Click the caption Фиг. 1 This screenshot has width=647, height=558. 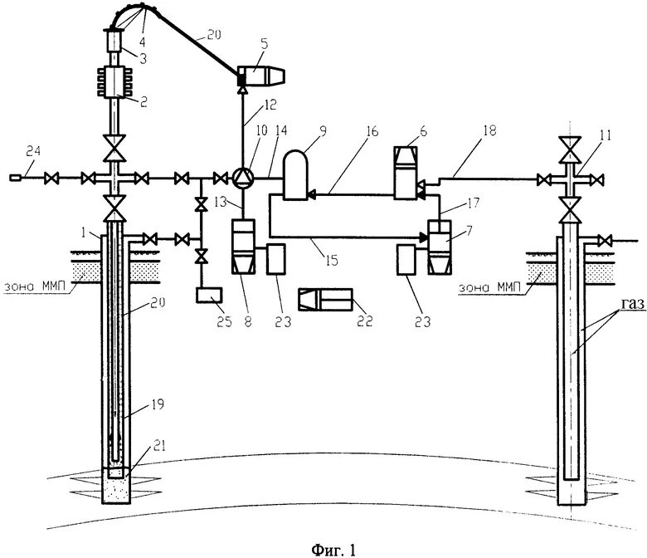tap(333, 549)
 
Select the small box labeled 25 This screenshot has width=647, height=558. tap(207, 294)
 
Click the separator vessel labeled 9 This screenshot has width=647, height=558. tap(295, 174)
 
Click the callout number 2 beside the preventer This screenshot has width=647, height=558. tap(144, 102)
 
